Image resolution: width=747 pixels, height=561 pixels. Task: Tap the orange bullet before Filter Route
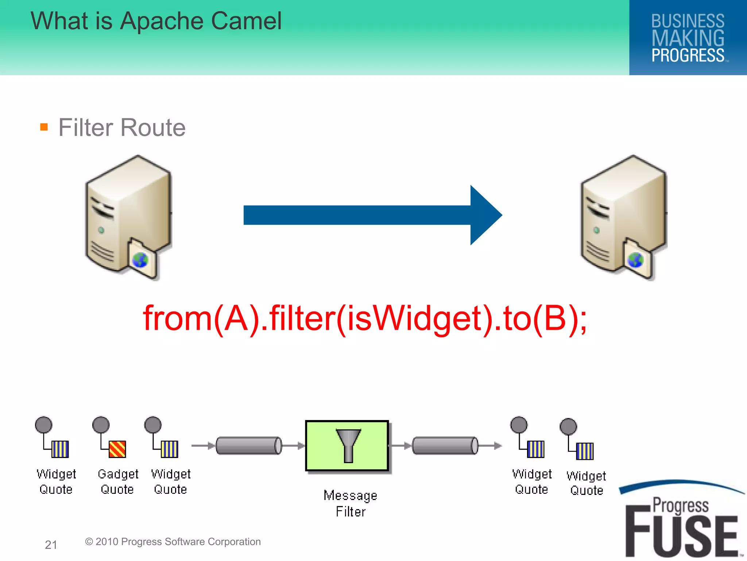pos(44,127)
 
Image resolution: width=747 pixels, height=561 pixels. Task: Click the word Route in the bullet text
pos(153,127)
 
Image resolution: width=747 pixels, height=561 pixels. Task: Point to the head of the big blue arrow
pos(485,215)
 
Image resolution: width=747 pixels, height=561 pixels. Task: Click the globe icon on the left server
pos(140,260)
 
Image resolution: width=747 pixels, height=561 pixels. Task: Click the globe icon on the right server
pos(635,260)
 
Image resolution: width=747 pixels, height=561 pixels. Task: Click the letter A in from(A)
pos(236,318)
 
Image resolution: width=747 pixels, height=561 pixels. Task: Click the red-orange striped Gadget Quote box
pos(117,449)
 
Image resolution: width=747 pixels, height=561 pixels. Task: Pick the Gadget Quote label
pos(118,481)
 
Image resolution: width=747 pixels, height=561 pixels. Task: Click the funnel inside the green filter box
pos(348,445)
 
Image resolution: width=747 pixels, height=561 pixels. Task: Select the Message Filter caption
pos(351,503)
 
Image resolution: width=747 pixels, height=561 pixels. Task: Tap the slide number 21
pos(51,545)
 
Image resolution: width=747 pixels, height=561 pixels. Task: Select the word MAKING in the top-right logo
pos(688,38)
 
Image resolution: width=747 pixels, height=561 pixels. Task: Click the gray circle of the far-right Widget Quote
pos(568,427)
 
